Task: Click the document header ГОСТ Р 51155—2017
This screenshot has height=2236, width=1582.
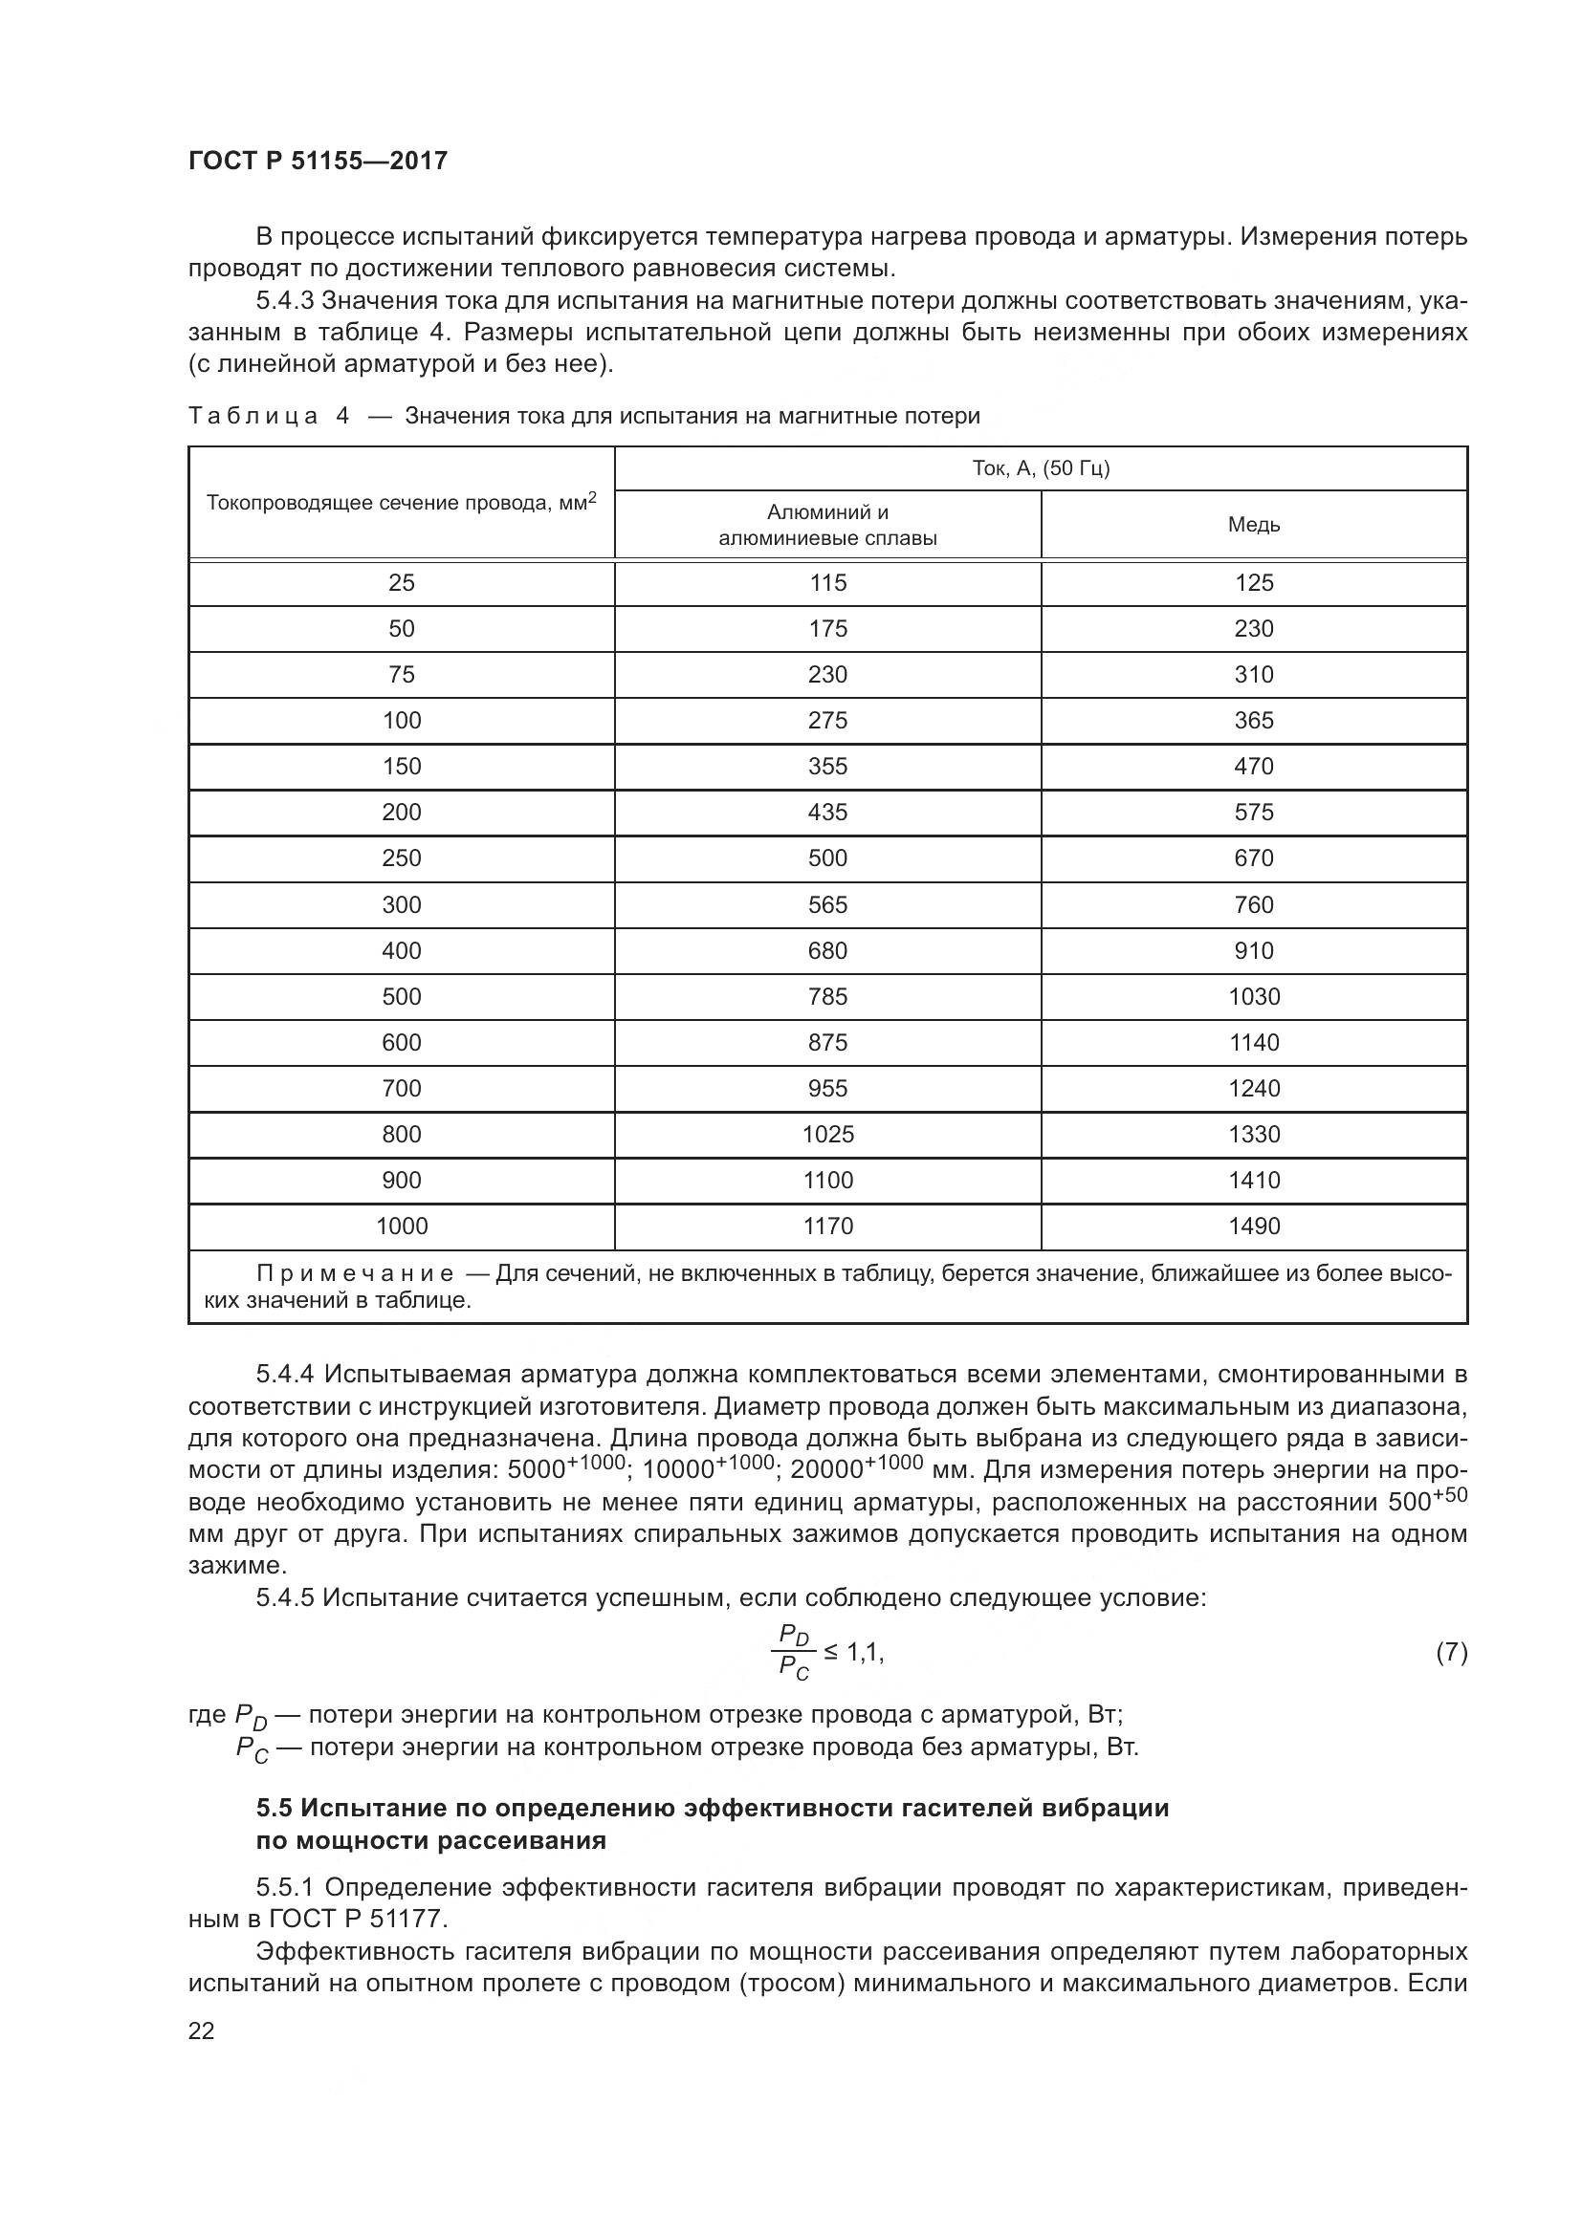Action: pyautogui.click(x=318, y=161)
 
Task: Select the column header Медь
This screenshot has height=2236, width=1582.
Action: pyautogui.click(x=1254, y=525)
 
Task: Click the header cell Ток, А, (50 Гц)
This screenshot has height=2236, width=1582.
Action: pyautogui.click(x=1041, y=468)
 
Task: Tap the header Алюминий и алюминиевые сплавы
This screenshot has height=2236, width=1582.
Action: pyautogui.click(x=827, y=525)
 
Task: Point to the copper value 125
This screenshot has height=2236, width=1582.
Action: pyautogui.click(x=1254, y=582)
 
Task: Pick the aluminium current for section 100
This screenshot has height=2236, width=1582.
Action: pyautogui.click(x=827, y=721)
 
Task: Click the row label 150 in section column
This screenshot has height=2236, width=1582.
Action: pyautogui.click(x=402, y=767)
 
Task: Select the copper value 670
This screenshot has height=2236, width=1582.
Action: pyautogui.click(x=1254, y=857)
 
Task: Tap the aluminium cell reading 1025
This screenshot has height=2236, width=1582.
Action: pyautogui.click(x=827, y=1135)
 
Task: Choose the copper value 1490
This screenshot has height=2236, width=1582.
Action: pyautogui.click(x=1254, y=1227)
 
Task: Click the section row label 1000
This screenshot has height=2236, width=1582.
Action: pyautogui.click(x=402, y=1227)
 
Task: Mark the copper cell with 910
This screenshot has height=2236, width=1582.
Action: pyautogui.click(x=1254, y=950)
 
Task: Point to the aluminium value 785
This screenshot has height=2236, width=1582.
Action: pyautogui.click(x=827, y=996)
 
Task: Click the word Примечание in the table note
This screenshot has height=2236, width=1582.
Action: pyautogui.click(x=355, y=1273)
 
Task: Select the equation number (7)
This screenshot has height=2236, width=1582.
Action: pyautogui.click(x=1451, y=1652)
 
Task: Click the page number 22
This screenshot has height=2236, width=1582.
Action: pyautogui.click(x=202, y=2030)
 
